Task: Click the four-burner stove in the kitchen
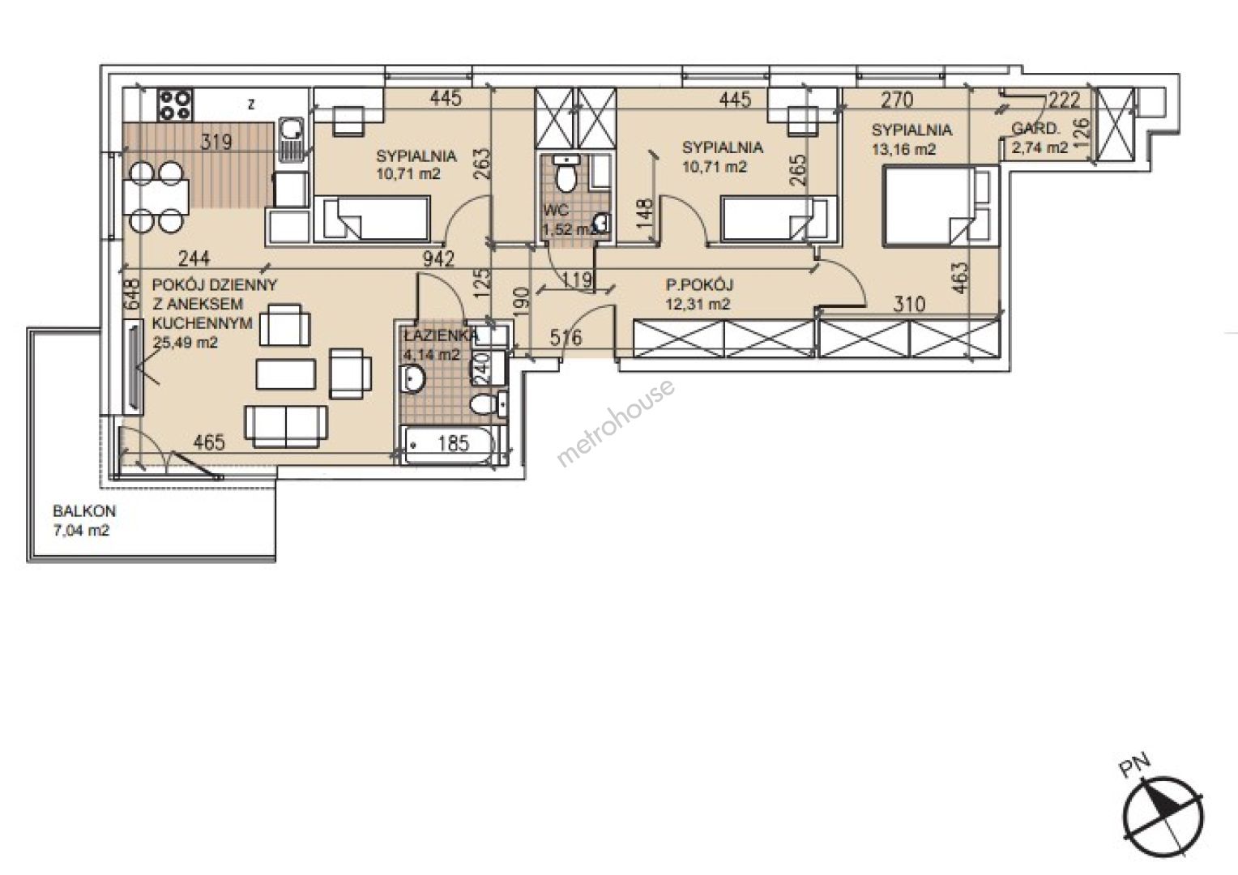175,105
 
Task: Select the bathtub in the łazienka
454,446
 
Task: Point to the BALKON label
84,510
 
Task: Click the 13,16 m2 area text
903,149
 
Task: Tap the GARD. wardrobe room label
1035,130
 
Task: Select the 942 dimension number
438,258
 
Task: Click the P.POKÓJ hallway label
699,284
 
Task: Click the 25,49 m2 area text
186,343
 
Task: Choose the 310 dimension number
909,304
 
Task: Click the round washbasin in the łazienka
413,379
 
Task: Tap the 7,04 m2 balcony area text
81,531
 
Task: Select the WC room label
556,210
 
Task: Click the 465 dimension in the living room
210,442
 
